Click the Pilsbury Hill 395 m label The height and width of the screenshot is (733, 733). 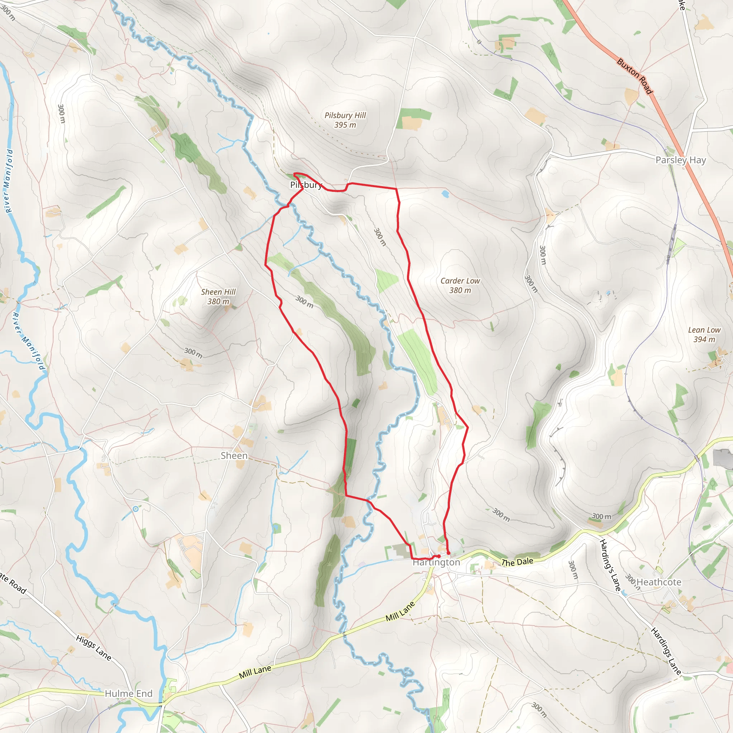[x=345, y=120]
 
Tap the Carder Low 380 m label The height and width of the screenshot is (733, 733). [x=460, y=285]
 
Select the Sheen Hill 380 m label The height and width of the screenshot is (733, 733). [x=218, y=296]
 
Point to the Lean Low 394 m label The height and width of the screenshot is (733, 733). [x=704, y=335]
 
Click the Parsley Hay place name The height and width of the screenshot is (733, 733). [x=681, y=160]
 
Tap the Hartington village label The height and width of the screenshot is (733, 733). [x=436, y=562]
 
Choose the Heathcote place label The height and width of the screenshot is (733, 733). [x=659, y=582]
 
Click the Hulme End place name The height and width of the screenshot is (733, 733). [x=128, y=694]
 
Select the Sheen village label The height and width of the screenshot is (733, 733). [x=234, y=455]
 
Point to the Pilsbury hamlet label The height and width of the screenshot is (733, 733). [x=306, y=185]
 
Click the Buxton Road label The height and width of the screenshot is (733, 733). [x=635, y=76]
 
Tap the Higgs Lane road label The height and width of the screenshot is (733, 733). [x=93, y=647]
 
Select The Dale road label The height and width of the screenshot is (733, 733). [x=517, y=562]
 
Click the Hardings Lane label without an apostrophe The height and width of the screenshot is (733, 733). [x=666, y=651]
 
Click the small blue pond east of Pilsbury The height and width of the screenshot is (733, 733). [x=445, y=195]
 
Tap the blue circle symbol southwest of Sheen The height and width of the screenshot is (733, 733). [x=135, y=509]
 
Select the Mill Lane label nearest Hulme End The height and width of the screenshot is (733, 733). [x=255, y=672]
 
